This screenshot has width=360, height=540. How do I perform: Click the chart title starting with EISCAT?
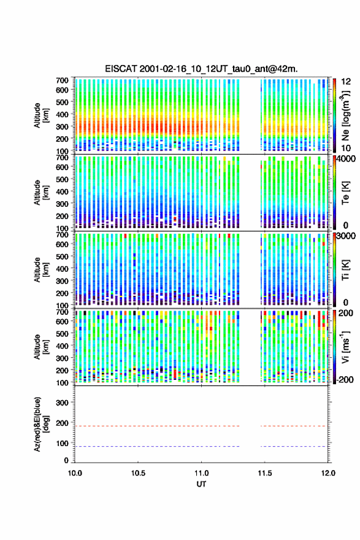pyautogui.click(x=201, y=69)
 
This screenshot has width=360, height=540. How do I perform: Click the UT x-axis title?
pyautogui.click(x=201, y=484)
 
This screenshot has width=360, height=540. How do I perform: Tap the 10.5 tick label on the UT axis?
pyautogui.click(x=138, y=473)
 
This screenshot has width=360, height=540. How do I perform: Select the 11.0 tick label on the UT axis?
pyautogui.click(x=201, y=473)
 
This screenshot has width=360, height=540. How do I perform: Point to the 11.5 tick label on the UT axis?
pyautogui.click(x=265, y=473)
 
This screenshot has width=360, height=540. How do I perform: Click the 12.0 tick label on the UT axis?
pyautogui.click(x=328, y=473)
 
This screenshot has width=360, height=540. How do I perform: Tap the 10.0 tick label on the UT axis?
pyautogui.click(x=75, y=473)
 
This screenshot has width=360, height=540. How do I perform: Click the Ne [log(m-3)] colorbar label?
pyautogui.click(x=345, y=116)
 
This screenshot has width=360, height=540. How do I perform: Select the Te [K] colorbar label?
pyautogui.click(x=345, y=193)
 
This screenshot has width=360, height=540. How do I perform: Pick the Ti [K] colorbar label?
pyautogui.click(x=345, y=270)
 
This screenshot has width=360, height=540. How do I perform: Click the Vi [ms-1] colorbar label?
pyautogui.click(x=345, y=347)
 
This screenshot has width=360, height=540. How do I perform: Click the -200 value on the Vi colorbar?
pyautogui.click(x=345, y=379)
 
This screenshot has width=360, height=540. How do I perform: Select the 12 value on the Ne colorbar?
pyautogui.click(x=346, y=82)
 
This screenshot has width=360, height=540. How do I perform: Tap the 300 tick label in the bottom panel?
pyautogui.click(x=62, y=403)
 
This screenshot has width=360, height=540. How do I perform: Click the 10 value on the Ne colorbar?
pyautogui.click(x=346, y=148)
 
